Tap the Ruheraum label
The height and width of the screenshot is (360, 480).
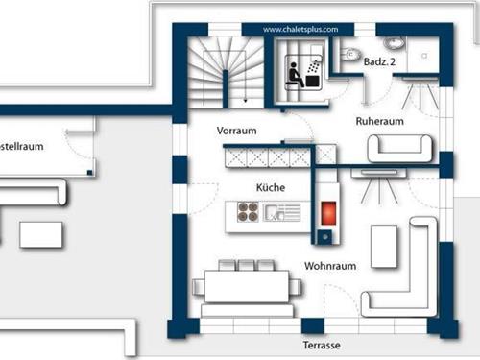379,122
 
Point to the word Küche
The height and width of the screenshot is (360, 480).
270,187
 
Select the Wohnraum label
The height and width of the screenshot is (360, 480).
331,265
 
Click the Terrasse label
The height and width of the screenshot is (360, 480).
320,345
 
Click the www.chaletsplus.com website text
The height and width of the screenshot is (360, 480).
300,30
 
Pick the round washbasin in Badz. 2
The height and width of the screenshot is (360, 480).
394,44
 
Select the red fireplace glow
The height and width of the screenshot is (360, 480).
325,210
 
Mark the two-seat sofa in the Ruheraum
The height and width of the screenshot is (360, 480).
400,148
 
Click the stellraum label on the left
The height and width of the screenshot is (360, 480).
21,148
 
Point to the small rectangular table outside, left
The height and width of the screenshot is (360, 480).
41,233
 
